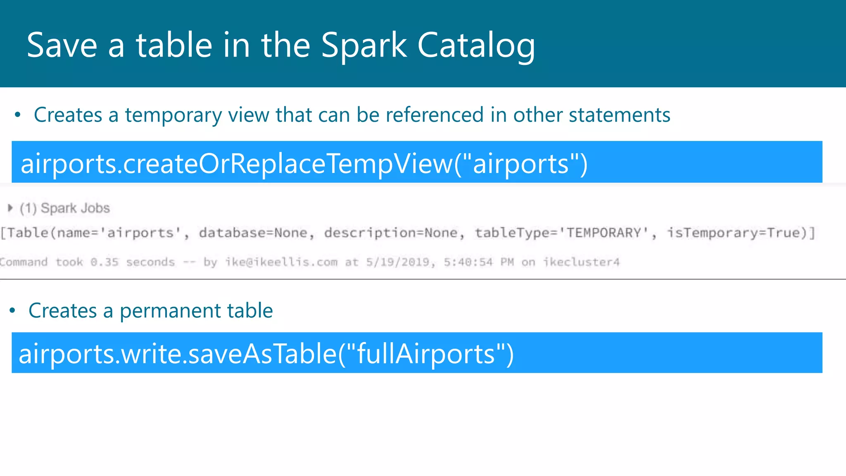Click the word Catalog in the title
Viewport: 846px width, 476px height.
tap(476, 45)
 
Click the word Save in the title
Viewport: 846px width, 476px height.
tap(62, 45)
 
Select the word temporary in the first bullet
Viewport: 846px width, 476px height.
tap(173, 115)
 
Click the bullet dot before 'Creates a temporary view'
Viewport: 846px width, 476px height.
tap(17, 115)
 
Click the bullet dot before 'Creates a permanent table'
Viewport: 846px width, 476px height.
tap(12, 310)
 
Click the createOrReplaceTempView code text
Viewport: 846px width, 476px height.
tap(304, 164)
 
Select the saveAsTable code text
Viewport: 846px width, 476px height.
tap(266, 354)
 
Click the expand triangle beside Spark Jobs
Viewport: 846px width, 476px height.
tap(10, 208)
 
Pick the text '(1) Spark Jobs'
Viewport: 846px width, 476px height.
tap(65, 208)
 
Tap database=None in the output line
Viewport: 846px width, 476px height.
tap(253, 233)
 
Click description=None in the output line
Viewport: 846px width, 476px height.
tap(391, 233)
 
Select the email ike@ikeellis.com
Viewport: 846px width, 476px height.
tap(281, 262)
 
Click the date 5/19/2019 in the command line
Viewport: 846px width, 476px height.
tap(397, 262)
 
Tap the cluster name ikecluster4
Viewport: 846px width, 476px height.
tap(581, 262)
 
